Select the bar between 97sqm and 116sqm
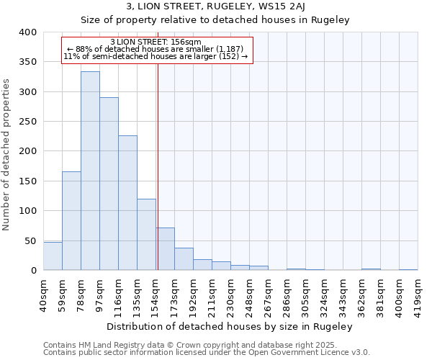(109, 184)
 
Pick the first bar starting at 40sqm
(53, 256)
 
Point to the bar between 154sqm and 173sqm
(165, 249)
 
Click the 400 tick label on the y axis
(27, 32)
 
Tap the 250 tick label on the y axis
(27, 122)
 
